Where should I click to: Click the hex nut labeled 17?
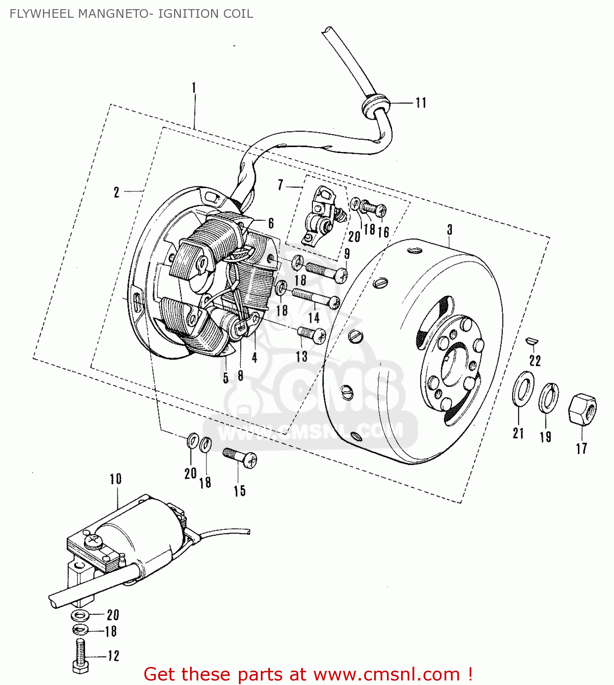(x=582, y=408)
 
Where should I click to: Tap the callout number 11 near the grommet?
(x=421, y=102)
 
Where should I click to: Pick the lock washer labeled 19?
(x=548, y=397)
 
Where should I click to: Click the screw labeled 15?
(x=240, y=457)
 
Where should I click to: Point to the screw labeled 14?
(x=316, y=297)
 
